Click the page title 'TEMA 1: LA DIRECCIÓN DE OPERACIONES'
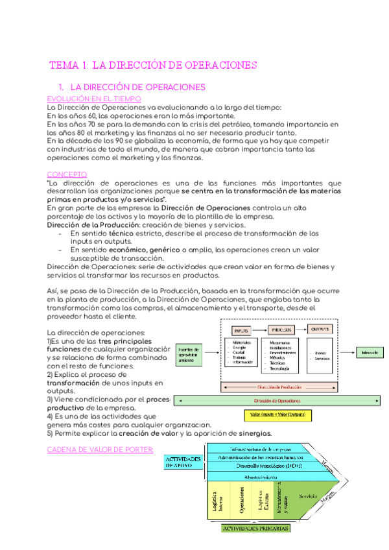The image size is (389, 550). coord(154,66)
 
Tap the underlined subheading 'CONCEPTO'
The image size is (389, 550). coord(67,174)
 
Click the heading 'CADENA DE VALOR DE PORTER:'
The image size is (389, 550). coord(100,450)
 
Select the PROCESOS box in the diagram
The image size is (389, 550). coord(279,329)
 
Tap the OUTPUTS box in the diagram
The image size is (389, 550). coord(319,329)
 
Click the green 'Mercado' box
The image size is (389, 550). coord(370,353)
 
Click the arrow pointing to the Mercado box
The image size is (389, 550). coord(346,353)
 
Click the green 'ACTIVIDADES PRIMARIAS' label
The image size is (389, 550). coord(255,529)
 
